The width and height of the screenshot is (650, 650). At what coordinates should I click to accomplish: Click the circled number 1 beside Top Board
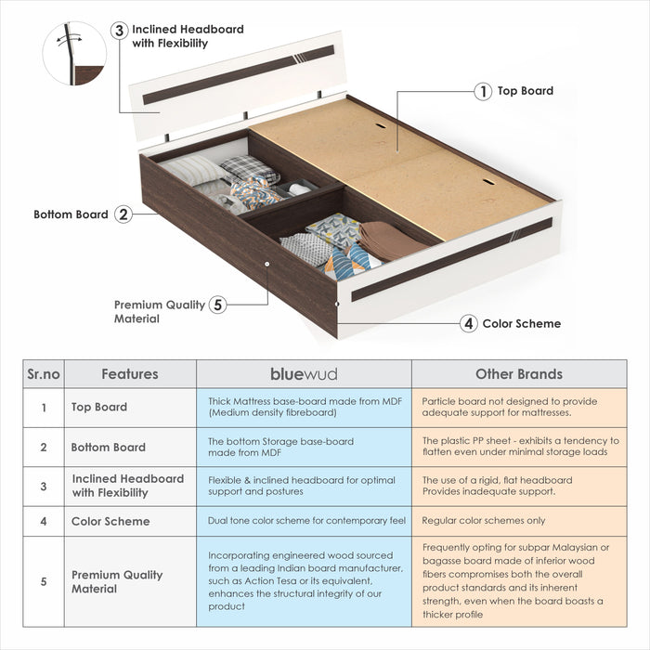pyautogui.click(x=483, y=91)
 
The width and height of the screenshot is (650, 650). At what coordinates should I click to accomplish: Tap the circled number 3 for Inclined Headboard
pyautogui.click(x=119, y=30)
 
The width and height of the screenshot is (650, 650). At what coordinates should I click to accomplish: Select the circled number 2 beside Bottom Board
pyautogui.click(x=123, y=214)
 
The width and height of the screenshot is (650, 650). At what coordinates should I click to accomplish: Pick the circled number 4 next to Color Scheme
pyautogui.click(x=469, y=323)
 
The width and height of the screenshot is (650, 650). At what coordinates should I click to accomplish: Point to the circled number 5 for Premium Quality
pyautogui.click(x=217, y=305)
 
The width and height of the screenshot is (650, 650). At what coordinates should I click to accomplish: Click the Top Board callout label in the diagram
pyautogui.click(x=525, y=91)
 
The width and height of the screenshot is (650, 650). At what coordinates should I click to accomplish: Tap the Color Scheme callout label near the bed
pyautogui.click(x=521, y=323)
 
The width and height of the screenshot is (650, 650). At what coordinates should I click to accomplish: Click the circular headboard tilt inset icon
pyautogui.click(x=74, y=54)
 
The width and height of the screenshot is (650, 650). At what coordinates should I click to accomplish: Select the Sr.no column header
pyautogui.click(x=42, y=374)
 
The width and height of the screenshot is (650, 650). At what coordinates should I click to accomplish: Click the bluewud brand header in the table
pyautogui.click(x=304, y=374)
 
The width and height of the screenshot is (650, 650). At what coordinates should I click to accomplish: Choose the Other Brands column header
pyautogui.click(x=518, y=374)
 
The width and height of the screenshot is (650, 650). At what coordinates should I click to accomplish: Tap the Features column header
pyautogui.click(x=129, y=374)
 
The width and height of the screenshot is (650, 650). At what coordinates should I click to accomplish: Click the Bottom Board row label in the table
pyautogui.click(x=108, y=447)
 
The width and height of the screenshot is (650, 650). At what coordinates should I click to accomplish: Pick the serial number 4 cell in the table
pyautogui.click(x=43, y=521)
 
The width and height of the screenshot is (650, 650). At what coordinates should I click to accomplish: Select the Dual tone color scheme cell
pyautogui.click(x=304, y=521)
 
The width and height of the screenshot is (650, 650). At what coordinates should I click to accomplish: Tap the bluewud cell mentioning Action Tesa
pyautogui.click(x=304, y=580)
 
